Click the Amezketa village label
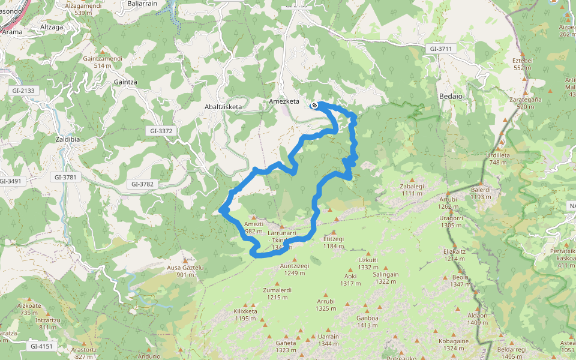(284, 101)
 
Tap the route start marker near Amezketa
(314, 106)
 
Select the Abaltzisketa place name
(223, 107)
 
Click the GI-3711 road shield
(440, 48)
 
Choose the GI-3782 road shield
(143, 184)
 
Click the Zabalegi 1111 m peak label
(412, 190)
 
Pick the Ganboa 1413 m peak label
(367, 322)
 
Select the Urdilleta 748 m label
(498, 158)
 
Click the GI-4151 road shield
(41, 346)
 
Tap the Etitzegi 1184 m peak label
(334, 242)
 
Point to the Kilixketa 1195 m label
(245, 315)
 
